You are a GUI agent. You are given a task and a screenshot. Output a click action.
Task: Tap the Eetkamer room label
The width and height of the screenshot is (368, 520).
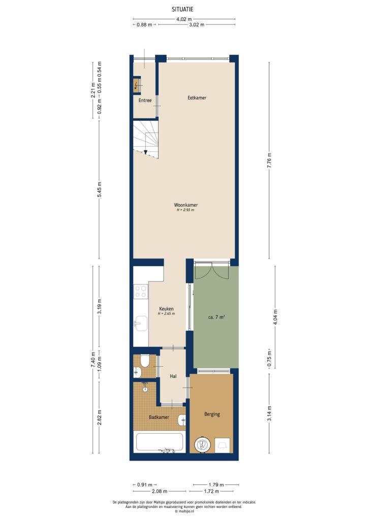pos(197,97)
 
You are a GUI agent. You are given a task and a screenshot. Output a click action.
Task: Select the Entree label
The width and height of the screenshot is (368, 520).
pos(145,101)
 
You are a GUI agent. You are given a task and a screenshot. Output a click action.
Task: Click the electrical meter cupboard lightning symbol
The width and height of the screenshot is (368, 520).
pos(136,86)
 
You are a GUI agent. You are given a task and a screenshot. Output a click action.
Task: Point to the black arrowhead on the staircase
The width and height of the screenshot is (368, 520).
pos(146,151)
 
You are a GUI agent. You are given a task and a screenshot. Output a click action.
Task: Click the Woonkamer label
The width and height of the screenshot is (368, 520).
pos(186,205)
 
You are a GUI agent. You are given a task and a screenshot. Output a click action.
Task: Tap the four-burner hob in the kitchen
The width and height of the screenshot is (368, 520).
pos(140,291)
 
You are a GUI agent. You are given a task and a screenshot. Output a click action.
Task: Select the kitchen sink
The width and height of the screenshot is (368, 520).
pos(141,323)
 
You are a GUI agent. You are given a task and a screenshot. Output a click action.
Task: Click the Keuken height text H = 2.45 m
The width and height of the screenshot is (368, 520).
pos(166,314)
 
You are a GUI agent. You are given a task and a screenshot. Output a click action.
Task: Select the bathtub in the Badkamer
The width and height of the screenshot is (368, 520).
pos(159,441)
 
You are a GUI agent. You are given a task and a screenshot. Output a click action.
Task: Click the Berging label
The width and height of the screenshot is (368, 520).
pos(211,414)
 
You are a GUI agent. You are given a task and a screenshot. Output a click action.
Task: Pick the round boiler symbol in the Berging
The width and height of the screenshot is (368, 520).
pos(202,445)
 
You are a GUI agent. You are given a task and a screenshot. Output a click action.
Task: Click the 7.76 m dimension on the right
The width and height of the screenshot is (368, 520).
pos(270,159)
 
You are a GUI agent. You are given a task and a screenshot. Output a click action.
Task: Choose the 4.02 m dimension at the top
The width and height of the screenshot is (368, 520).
pos(184,19)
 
